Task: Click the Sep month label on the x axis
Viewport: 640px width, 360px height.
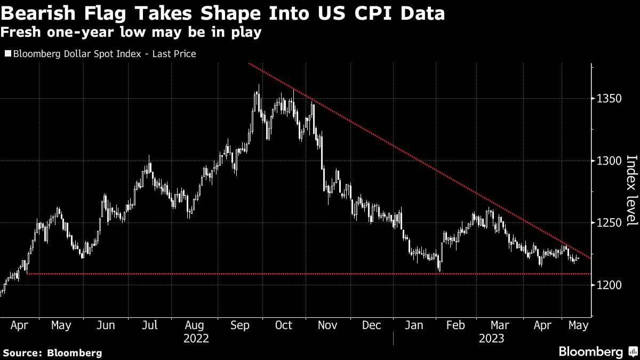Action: pyautogui.click(x=239, y=325)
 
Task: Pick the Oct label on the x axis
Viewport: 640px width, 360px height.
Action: pyautogui.click(x=283, y=325)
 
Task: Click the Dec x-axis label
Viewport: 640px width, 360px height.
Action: pyautogui.click(x=372, y=325)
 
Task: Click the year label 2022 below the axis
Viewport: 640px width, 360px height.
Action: pyautogui.click(x=196, y=338)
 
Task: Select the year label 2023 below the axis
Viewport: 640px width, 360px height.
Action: pyautogui.click(x=491, y=338)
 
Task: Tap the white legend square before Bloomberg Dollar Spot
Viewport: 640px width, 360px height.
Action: pyautogui.click(x=7, y=54)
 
